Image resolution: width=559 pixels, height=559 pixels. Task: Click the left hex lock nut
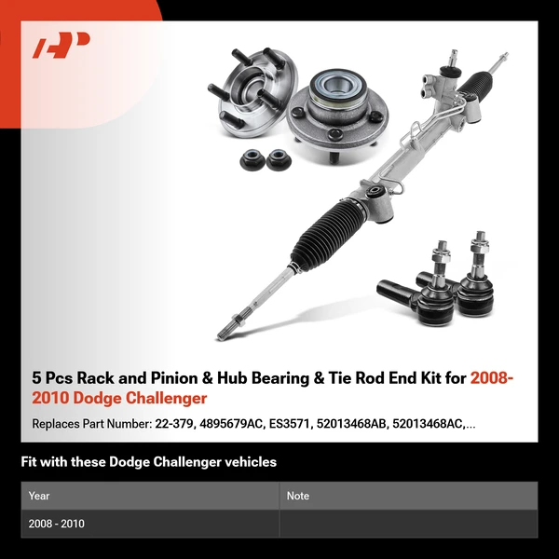252,159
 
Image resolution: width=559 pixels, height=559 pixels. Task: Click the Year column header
39,496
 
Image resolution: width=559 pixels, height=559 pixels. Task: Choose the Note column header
298,496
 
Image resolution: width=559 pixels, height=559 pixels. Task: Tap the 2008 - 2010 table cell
57,524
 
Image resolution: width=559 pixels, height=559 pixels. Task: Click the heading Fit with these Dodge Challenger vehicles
149,462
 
